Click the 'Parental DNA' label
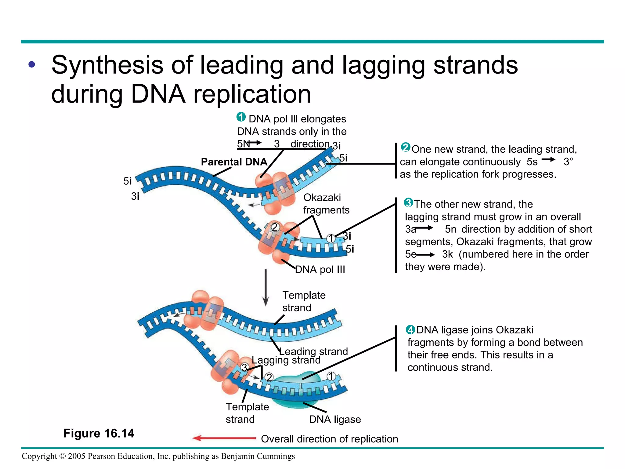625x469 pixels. point(234,162)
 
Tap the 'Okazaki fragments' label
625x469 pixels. point(326,204)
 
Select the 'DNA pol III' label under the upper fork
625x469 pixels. point(320,270)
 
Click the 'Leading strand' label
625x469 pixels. point(313,351)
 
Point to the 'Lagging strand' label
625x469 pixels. point(286,360)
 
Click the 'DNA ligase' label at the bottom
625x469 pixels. point(335,420)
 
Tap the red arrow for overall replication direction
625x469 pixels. point(224,438)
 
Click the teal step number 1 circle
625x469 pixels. point(241,117)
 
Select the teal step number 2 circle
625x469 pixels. point(406,147)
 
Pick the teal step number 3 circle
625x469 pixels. point(408,202)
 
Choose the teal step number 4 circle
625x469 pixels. point(410,330)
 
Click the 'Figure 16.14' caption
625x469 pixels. point(99,433)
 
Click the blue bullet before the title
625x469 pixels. point(32,65)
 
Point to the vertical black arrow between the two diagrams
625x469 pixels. point(266,287)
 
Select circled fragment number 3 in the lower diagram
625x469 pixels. point(244,367)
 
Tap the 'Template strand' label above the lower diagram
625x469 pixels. point(303,301)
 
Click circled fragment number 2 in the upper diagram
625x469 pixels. point(275,227)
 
